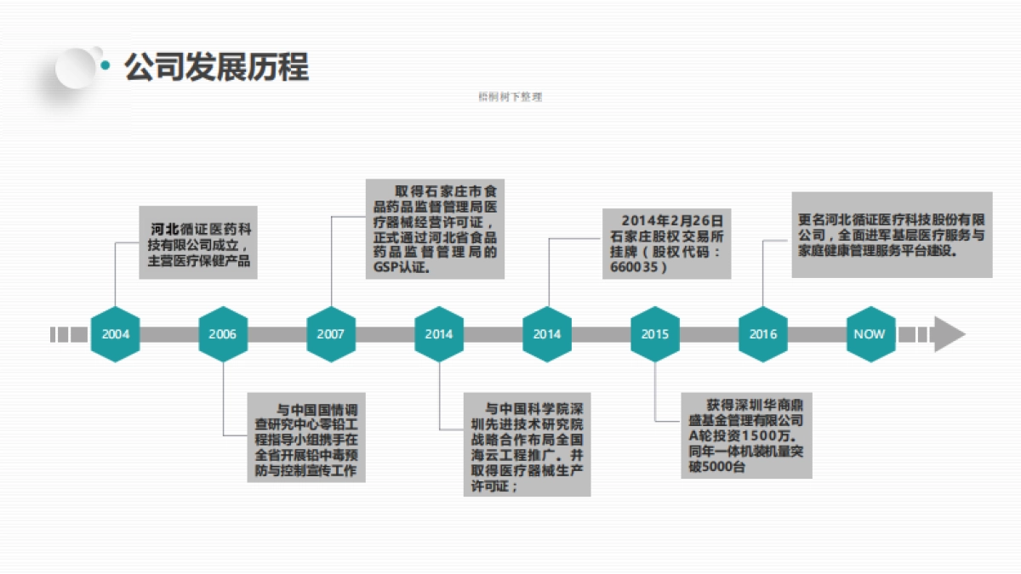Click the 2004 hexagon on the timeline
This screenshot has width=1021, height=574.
pyautogui.click(x=115, y=334)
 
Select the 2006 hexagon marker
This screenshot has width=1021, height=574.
pyautogui.click(x=223, y=334)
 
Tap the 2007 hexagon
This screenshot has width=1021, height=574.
pyautogui.click(x=331, y=334)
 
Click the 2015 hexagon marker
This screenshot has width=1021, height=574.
pyautogui.click(x=655, y=334)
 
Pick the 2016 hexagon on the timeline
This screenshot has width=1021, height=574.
pyautogui.click(x=763, y=334)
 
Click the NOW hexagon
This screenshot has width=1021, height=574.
pyautogui.click(x=870, y=334)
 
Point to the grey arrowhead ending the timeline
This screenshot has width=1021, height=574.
pyautogui.click(x=948, y=334)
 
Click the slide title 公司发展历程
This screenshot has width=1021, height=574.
pyautogui.click(x=217, y=66)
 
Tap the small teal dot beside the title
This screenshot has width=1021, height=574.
pyautogui.click(x=106, y=65)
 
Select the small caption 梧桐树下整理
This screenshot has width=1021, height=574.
pyautogui.click(x=510, y=97)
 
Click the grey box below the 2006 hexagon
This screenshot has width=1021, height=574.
pyautogui.click(x=306, y=437)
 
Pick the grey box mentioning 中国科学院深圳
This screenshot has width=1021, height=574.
pyautogui.click(x=527, y=444)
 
